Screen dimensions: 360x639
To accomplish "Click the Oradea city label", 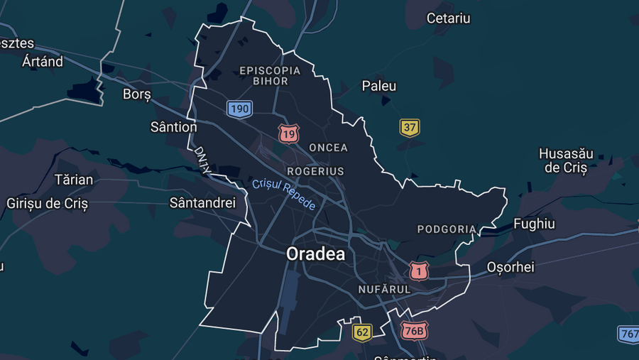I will click(x=315, y=253).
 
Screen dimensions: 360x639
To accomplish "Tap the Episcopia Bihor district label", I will click(x=270, y=75).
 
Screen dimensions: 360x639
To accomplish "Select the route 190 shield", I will click(x=239, y=109).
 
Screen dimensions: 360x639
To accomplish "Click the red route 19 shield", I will click(x=288, y=133).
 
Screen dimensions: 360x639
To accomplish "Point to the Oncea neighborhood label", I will click(x=329, y=148).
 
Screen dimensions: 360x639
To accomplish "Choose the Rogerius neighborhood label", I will click(x=315, y=171).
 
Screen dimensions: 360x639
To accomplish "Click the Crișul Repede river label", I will click(x=284, y=194).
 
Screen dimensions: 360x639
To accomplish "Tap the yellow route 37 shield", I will click(x=410, y=128).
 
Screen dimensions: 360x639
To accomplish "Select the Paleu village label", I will click(x=379, y=86).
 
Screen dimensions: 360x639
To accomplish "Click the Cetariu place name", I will click(x=448, y=18).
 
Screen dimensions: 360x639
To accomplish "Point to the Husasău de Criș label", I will click(x=566, y=161).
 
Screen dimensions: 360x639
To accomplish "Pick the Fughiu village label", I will click(x=534, y=224).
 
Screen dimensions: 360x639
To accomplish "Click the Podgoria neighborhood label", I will click(x=447, y=229).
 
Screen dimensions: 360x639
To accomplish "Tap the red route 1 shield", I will click(x=419, y=271).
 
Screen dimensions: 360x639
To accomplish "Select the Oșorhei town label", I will click(x=510, y=267).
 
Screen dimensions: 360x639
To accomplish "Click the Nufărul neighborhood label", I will click(x=384, y=290).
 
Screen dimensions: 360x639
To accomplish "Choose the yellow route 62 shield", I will click(x=362, y=332).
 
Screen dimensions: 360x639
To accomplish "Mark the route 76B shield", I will click(x=414, y=331).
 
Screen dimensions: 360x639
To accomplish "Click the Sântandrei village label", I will click(x=202, y=203).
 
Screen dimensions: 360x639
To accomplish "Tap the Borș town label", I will click(x=137, y=94).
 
